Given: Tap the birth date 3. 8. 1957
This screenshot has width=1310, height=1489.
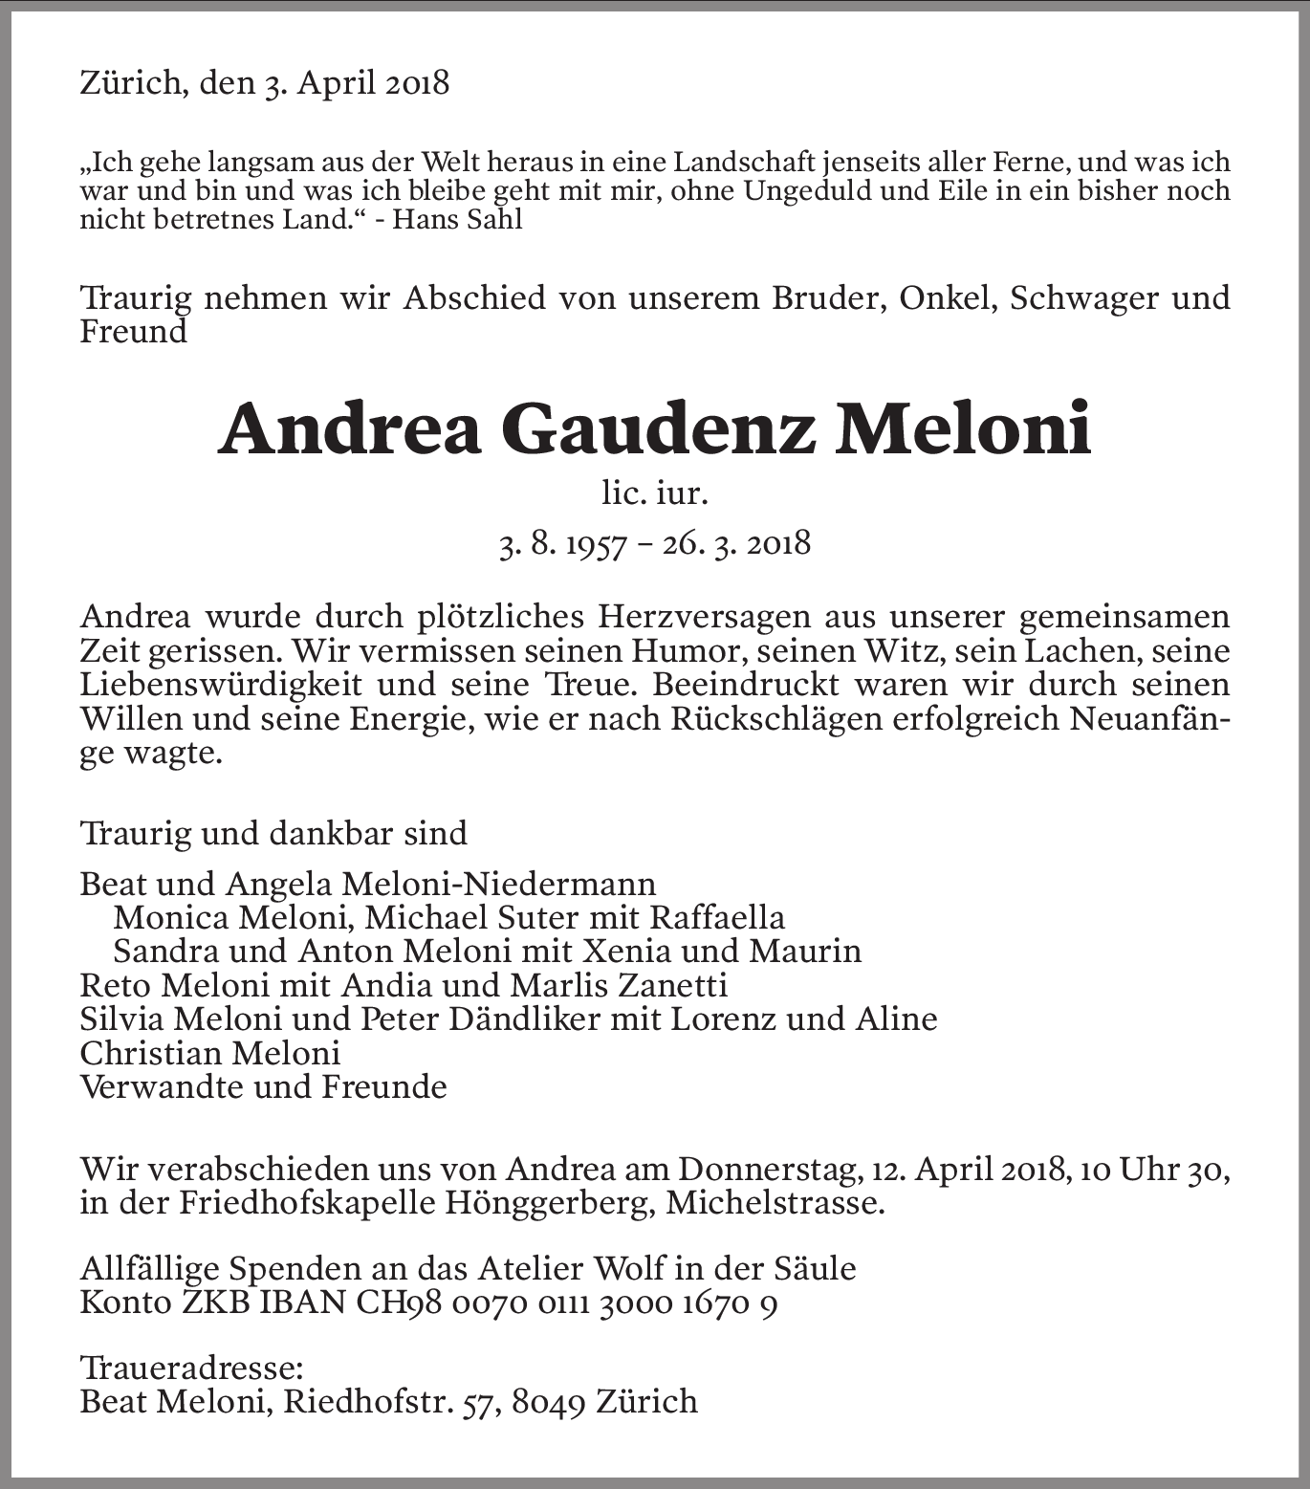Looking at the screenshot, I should [562, 544].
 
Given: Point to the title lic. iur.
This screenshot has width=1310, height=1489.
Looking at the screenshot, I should [655, 493].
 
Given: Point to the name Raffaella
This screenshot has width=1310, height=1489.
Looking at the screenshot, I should [717, 917].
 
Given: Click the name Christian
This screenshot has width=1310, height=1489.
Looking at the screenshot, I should [149, 1053].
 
